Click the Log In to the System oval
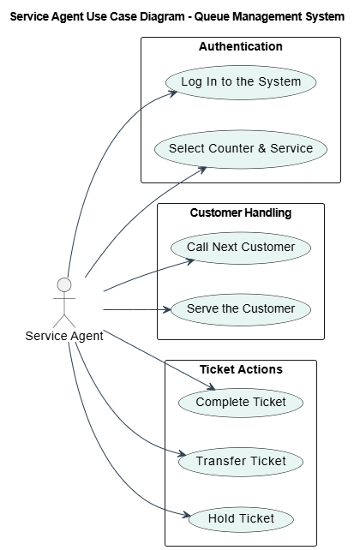coord(241,82)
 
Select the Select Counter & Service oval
coord(241,149)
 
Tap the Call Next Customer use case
coord(241,248)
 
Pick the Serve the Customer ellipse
coord(241,309)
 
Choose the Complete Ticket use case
coord(241,403)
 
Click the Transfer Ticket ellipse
coord(241,462)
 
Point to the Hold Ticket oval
coord(241,519)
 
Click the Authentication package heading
coord(241,46)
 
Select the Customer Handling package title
coord(241,213)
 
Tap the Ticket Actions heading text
coord(241,370)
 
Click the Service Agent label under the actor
coord(64,336)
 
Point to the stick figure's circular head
coord(64,284)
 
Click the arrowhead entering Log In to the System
coord(173,93)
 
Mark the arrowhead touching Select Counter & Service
coord(202,170)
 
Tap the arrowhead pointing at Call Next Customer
coord(190,261)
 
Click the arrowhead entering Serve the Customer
coord(166,310)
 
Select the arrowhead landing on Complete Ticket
coord(211,387)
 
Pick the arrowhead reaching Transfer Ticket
coord(182,454)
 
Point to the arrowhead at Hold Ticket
coord(186,515)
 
